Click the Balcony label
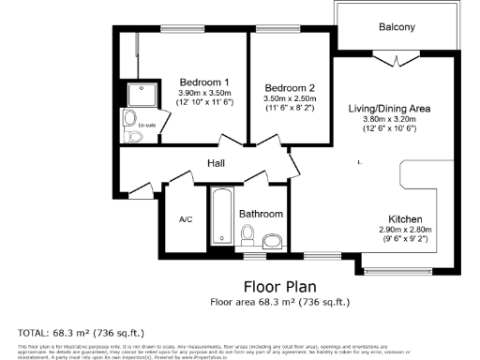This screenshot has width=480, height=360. click(x=397, y=27)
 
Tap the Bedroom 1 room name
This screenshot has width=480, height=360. click(x=204, y=82)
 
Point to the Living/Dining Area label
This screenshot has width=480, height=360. click(x=389, y=109)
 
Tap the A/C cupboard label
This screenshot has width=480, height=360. click(x=186, y=219)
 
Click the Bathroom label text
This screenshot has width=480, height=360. click(x=261, y=214)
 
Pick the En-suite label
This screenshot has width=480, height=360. click(x=147, y=125)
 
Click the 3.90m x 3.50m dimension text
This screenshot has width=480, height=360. click(x=204, y=93)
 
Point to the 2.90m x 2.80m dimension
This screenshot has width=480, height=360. click(x=405, y=229)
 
